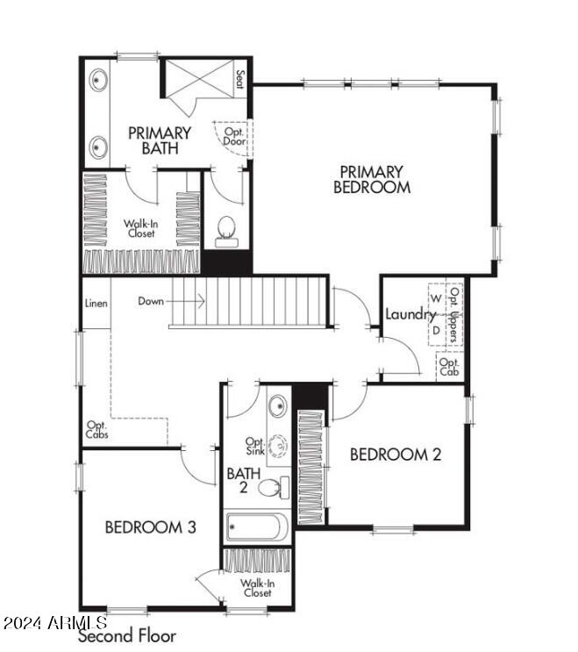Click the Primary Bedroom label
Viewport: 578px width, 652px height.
372,179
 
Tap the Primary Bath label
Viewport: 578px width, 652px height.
160,140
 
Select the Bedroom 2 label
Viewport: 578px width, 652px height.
395,454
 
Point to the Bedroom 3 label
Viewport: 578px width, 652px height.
150,527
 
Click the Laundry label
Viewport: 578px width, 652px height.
410,314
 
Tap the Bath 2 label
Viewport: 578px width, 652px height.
238,480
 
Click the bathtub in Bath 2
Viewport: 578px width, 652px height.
255,527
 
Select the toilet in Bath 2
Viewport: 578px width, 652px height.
273,488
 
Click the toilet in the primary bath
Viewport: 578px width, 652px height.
227,230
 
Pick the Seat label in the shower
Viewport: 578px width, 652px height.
239,79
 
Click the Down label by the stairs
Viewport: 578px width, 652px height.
150,301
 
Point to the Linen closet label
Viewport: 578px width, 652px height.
96,304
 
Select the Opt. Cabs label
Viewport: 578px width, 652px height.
96,430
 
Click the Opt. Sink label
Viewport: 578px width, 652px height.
255,447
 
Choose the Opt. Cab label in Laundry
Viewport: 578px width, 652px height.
449,367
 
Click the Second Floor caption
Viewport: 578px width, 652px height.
127,635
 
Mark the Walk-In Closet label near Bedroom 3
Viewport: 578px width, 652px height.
257,587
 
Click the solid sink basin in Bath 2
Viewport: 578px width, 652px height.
278,406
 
